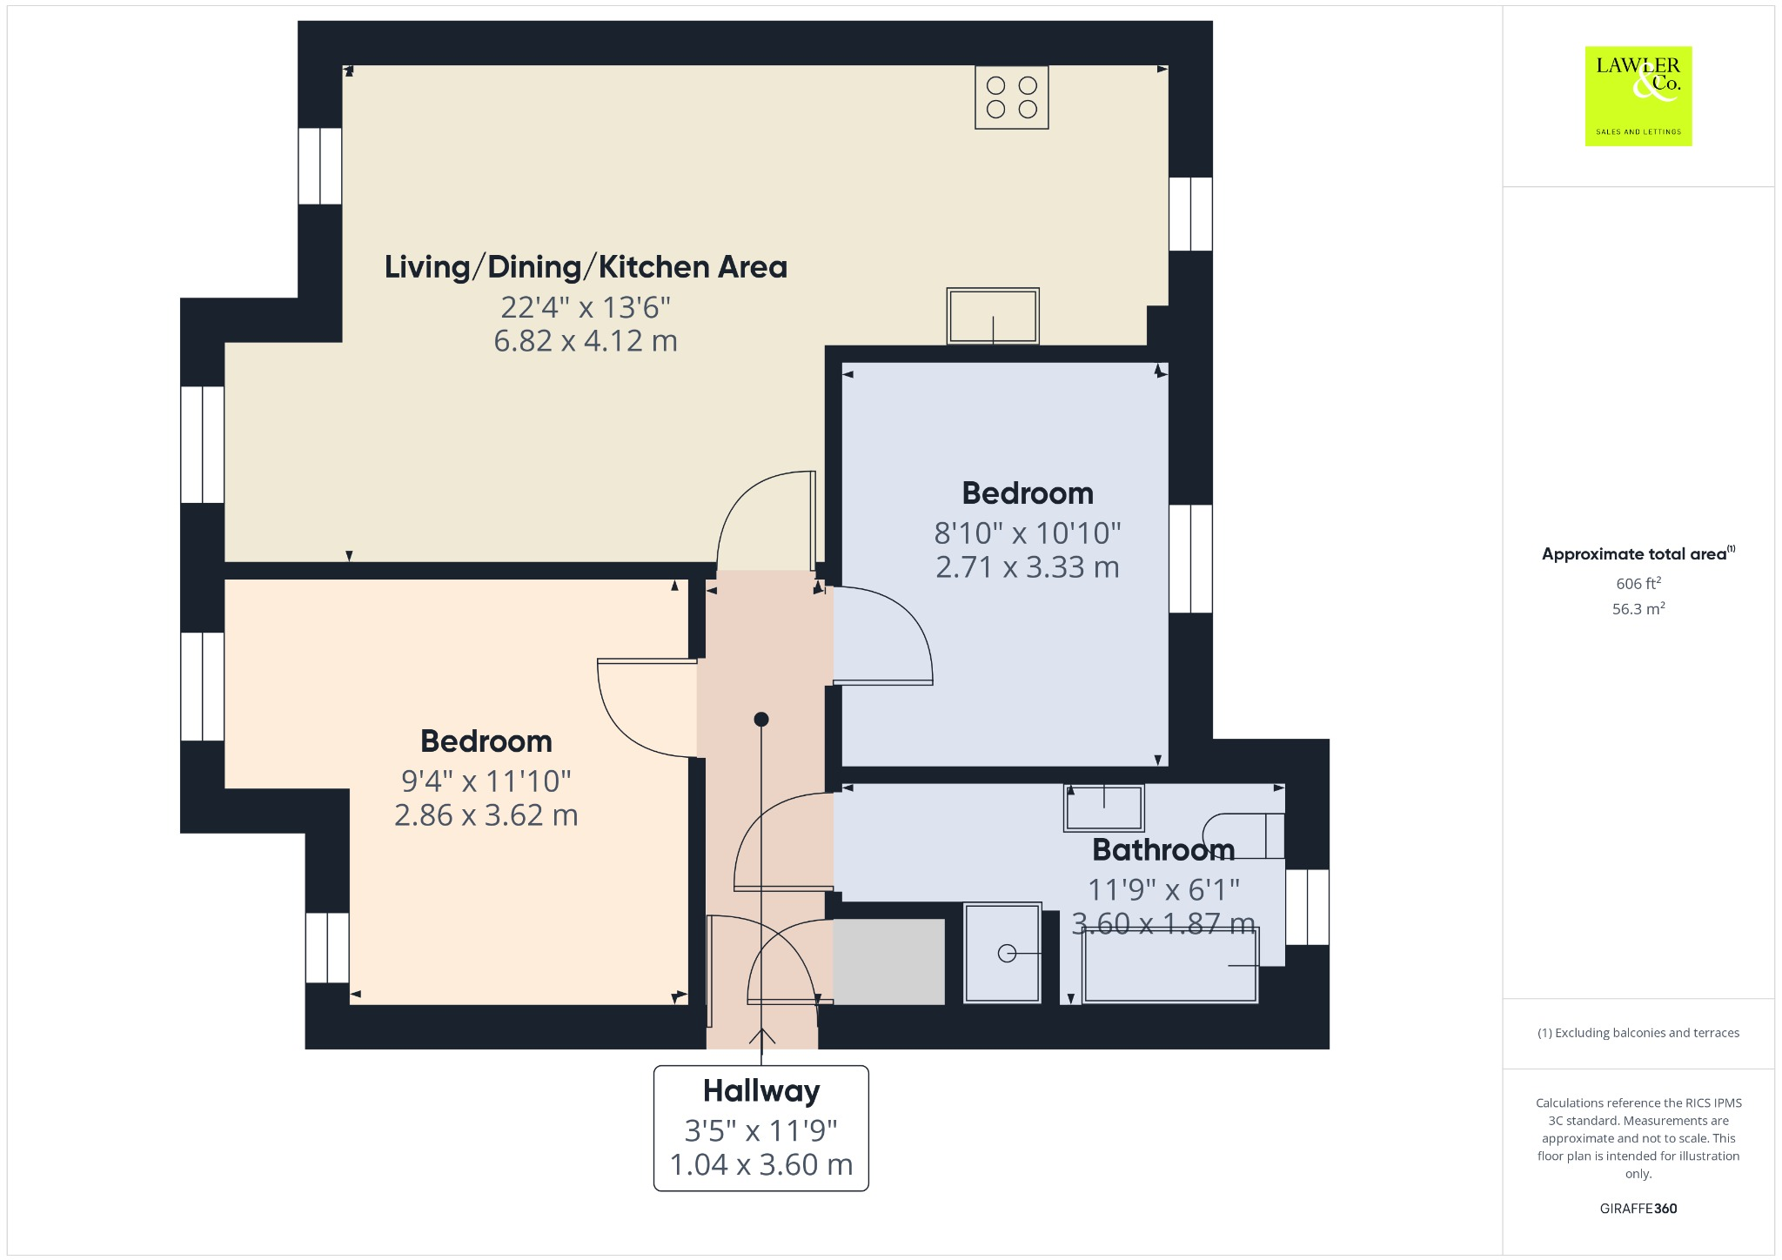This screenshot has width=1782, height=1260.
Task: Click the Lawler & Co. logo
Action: point(1638,96)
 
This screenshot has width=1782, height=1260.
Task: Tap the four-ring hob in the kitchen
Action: point(1011,97)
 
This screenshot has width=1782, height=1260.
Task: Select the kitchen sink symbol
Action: point(993,316)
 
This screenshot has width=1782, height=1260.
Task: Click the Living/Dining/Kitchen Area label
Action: point(586,267)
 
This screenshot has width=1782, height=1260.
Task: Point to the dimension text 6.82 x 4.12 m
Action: point(586,341)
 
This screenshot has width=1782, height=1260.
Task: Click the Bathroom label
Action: point(1163,849)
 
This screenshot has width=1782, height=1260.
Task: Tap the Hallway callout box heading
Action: point(761,1091)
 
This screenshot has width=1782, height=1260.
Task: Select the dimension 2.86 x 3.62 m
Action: point(486,815)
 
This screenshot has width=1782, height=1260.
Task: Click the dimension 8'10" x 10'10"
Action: point(1027,533)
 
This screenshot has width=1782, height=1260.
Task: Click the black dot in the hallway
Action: point(761,719)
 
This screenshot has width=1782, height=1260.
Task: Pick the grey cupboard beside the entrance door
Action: point(888,962)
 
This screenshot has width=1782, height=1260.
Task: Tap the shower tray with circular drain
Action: point(1002,954)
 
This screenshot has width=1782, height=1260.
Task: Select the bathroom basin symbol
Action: point(1103,808)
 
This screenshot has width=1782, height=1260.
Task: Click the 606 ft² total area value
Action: point(1638,584)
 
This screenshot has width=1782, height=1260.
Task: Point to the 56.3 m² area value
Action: point(1638,609)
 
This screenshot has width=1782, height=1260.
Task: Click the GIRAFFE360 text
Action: point(1638,1209)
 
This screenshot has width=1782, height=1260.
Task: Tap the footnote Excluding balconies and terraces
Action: point(1638,1033)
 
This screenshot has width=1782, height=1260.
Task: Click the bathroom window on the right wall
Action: point(1307,907)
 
